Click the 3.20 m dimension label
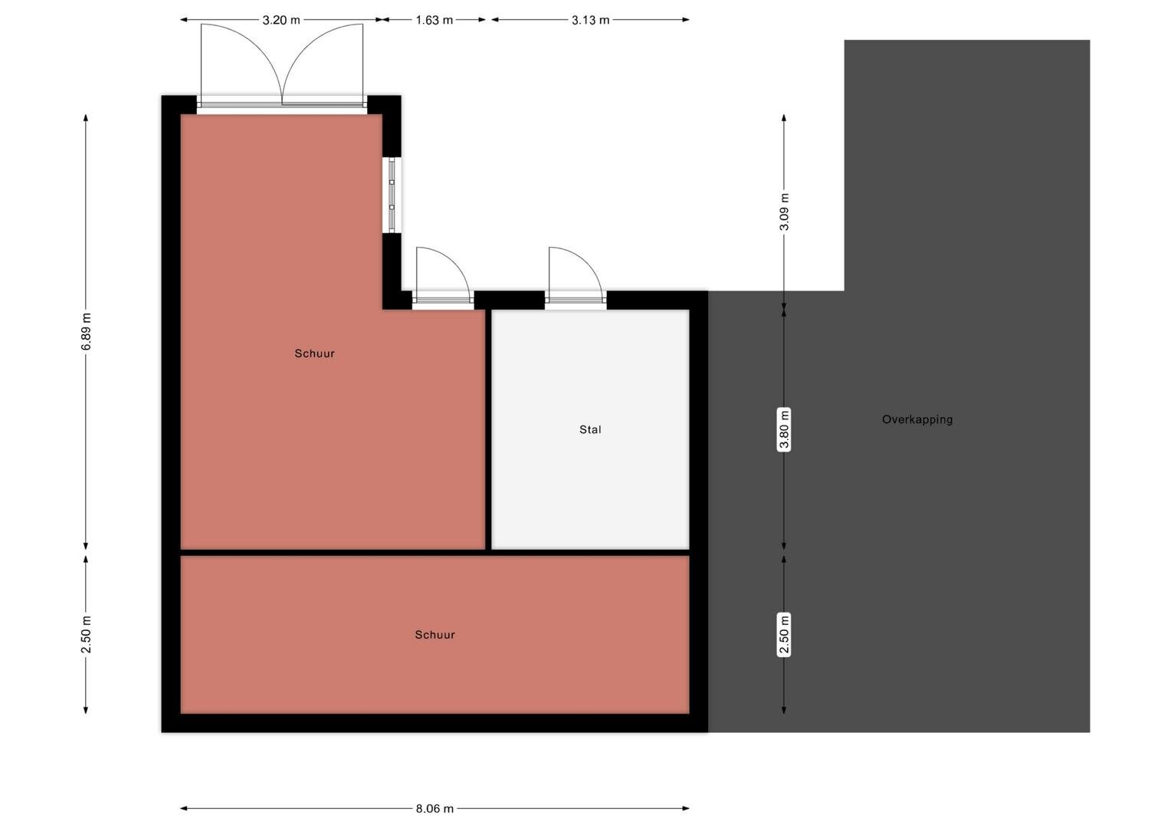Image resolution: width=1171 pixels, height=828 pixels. pyautogui.click(x=281, y=21)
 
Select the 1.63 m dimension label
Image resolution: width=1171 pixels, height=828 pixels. pyautogui.click(x=434, y=21)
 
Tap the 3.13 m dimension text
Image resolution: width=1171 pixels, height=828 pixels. pyautogui.click(x=590, y=21)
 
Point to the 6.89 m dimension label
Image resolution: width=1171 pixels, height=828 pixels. pyautogui.click(x=87, y=332)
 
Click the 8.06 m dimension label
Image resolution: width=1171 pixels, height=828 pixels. pyautogui.click(x=435, y=809)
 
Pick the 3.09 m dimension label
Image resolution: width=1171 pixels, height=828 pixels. pyautogui.click(x=784, y=212)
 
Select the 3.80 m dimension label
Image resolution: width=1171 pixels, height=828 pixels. pyautogui.click(x=784, y=429)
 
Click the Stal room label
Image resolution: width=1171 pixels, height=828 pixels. pyautogui.click(x=590, y=429)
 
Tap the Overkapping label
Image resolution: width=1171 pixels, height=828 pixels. pyautogui.click(x=917, y=419)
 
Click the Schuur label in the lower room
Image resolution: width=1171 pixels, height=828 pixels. pyautogui.click(x=435, y=635)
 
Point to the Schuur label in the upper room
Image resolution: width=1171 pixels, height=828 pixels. pyautogui.click(x=315, y=353)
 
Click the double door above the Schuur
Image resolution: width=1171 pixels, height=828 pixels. pyautogui.click(x=282, y=65)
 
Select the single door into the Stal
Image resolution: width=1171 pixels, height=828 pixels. pyautogui.click(x=576, y=278)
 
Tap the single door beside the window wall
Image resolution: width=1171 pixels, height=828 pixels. pyautogui.click(x=443, y=278)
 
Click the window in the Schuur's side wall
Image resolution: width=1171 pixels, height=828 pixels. pyautogui.click(x=392, y=195)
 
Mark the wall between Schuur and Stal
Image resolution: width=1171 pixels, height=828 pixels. pyautogui.click(x=488, y=429)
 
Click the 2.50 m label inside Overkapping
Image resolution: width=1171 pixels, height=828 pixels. pyautogui.click(x=784, y=635)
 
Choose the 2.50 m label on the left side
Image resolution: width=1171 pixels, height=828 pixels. pyautogui.click(x=87, y=635)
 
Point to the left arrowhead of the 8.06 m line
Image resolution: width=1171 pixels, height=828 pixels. pyautogui.click(x=183, y=809)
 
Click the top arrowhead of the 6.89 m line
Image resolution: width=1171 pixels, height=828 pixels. pyautogui.click(x=86, y=117)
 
